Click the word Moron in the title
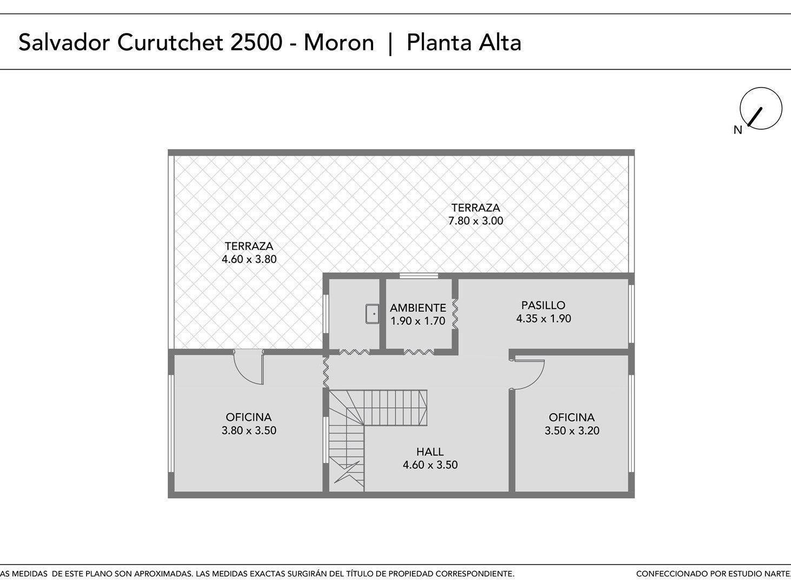[339, 43]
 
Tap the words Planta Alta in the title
[464, 43]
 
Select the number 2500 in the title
[257, 43]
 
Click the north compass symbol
[761, 108]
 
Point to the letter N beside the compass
[738, 130]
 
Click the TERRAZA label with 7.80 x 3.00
[476, 208]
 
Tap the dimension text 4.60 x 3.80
[249, 259]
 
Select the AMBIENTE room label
[417, 308]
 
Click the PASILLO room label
[543, 305]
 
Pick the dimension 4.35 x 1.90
[544, 318]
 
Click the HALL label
[430, 452]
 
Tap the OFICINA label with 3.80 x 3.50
[249, 417]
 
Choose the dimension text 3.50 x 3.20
[572, 430]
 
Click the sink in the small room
[372, 314]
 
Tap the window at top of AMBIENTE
[419, 275]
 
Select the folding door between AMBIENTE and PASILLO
[455, 314]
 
